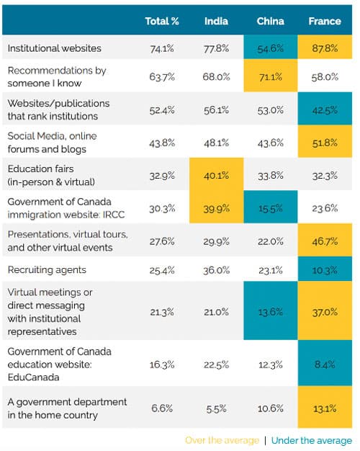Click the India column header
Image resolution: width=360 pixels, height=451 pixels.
point(216,21)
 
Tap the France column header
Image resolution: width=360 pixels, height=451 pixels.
point(325,21)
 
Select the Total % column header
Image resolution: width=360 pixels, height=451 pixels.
point(162,21)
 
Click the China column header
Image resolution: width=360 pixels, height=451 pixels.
point(270,21)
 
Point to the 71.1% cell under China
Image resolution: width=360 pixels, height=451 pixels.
point(271,76)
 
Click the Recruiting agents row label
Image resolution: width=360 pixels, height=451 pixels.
point(47,269)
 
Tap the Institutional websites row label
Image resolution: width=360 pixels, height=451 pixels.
point(54,48)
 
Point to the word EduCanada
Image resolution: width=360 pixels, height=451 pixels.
point(33,377)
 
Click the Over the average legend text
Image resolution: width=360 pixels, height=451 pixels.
point(222,440)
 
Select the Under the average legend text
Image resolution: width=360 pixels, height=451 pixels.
point(312,440)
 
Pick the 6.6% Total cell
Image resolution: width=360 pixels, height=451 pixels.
point(162,408)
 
